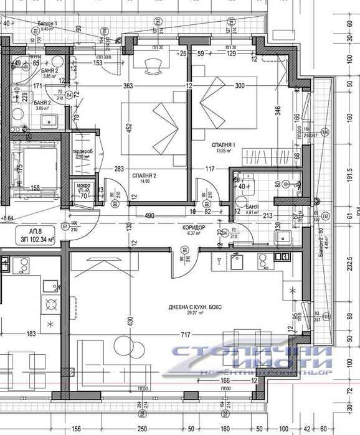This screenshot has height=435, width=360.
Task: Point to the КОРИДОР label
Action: point(194,228)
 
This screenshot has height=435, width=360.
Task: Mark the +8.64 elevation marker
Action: point(9,218)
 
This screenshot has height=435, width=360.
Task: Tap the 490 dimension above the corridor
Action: point(149,216)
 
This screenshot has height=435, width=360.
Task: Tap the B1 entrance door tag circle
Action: point(65,226)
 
